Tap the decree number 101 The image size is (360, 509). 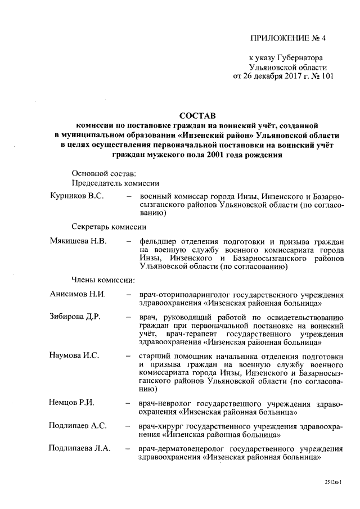(326, 76)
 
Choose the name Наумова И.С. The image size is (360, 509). (74, 355)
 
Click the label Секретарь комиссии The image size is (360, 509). (109, 227)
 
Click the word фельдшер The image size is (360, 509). (160, 241)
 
